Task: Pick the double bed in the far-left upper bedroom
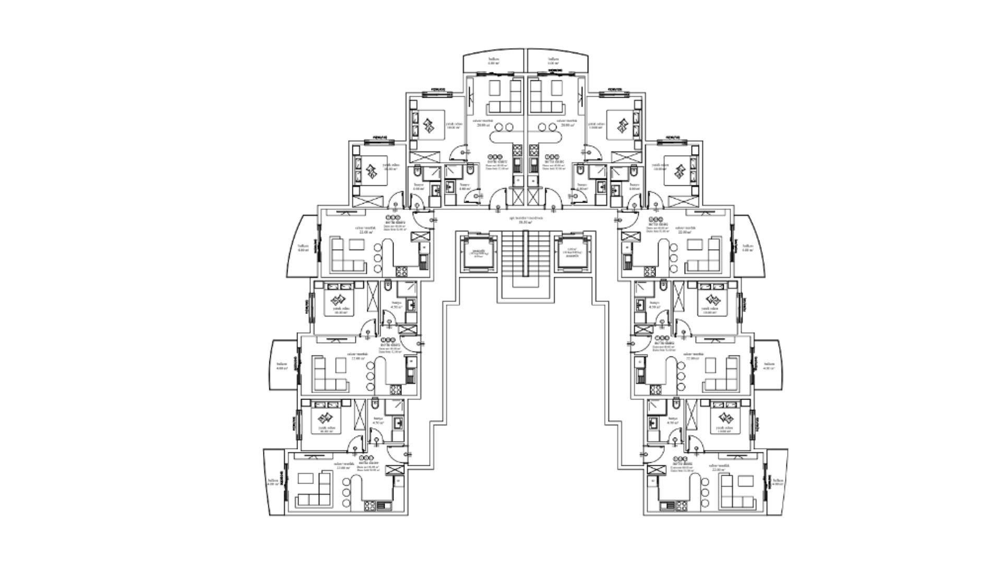[x=372, y=170]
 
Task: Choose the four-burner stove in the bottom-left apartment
[x=370, y=506]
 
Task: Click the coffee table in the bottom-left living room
[x=307, y=479]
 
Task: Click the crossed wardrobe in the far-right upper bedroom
[x=683, y=201]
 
